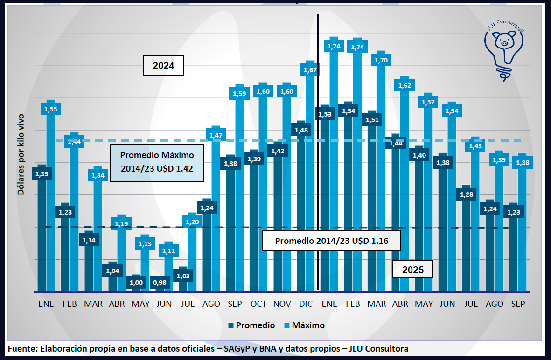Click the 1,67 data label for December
(310, 70)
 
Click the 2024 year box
(163, 66)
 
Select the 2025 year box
(412, 270)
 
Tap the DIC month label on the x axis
(306, 304)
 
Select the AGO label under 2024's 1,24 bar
(211, 304)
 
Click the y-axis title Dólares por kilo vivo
(21, 154)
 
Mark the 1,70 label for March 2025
(381, 60)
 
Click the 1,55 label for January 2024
(50, 109)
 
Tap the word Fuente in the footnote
(21, 349)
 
